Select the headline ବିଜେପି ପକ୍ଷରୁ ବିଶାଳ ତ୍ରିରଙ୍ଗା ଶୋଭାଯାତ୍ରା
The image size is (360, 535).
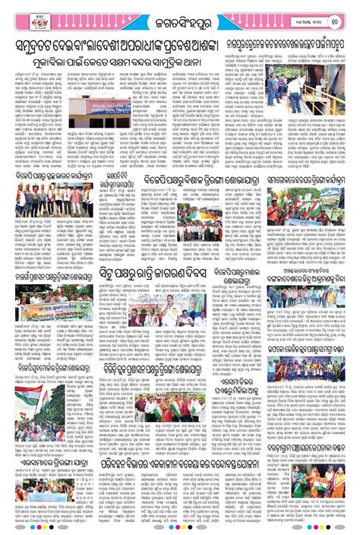(x=180, y=179)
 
